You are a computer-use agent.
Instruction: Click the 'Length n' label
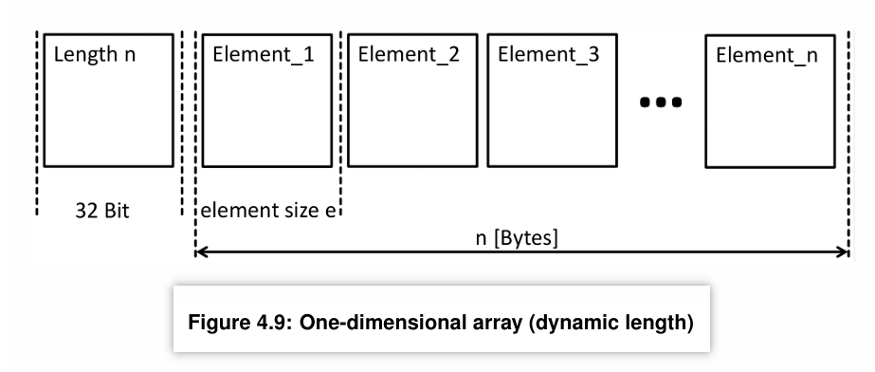pyautogui.click(x=94, y=55)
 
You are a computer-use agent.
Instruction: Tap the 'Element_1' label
pyautogui.click(x=264, y=55)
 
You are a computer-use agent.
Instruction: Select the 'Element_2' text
pyautogui.click(x=409, y=55)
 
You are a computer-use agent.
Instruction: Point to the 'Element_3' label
pyautogui.click(x=549, y=55)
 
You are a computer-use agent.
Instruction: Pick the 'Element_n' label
pyautogui.click(x=767, y=56)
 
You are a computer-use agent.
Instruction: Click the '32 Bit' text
pyautogui.click(x=102, y=211)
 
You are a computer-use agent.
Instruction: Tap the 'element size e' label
pyautogui.click(x=268, y=211)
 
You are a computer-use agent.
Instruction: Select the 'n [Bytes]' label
pyautogui.click(x=517, y=238)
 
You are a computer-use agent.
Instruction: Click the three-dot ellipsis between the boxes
pyautogui.click(x=661, y=102)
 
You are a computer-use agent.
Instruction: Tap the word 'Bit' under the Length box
pyautogui.click(x=116, y=211)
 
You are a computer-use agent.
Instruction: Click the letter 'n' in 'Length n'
pyautogui.click(x=130, y=56)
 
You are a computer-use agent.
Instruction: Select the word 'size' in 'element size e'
pyautogui.click(x=294, y=211)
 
